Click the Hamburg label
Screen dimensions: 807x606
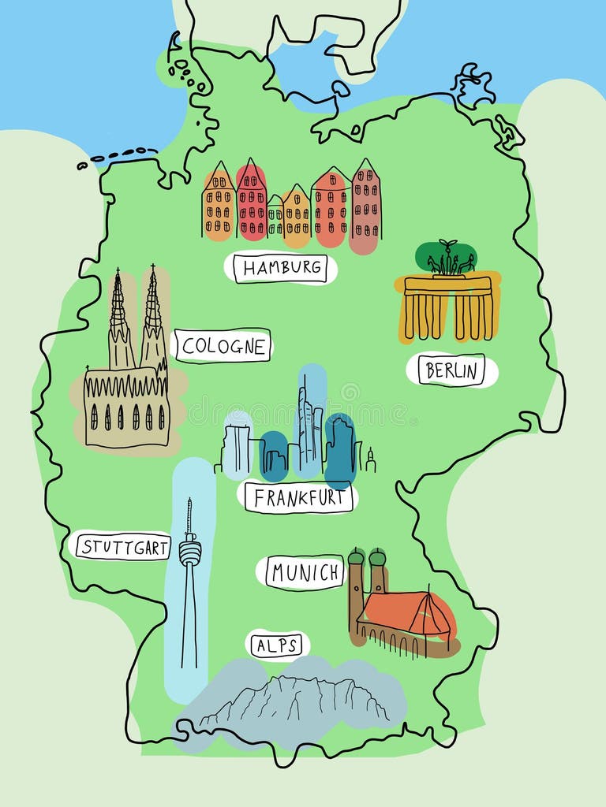click(x=282, y=268)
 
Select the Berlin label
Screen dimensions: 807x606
click(x=451, y=370)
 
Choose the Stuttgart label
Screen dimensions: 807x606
click(x=122, y=546)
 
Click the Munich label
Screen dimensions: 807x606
click(x=305, y=572)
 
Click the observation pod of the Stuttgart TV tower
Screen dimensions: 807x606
click(x=189, y=552)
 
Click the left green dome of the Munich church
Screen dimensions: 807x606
click(x=357, y=557)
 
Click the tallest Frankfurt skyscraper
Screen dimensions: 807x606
click(x=309, y=426)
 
